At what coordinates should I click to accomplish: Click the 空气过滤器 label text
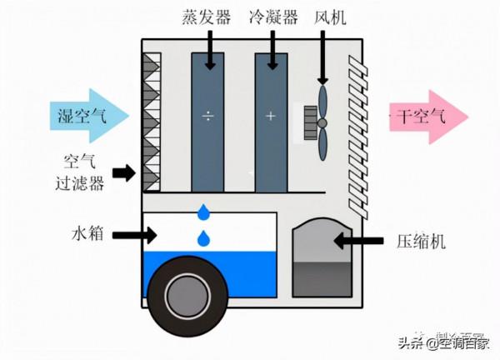pyautogui.click(x=84, y=172)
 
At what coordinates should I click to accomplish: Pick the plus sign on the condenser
pyautogui.click(x=271, y=116)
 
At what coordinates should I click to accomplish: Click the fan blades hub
pyautogui.click(x=322, y=122)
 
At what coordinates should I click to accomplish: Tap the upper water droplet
pyautogui.click(x=202, y=212)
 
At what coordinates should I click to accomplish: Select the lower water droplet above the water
pyautogui.click(x=202, y=239)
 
